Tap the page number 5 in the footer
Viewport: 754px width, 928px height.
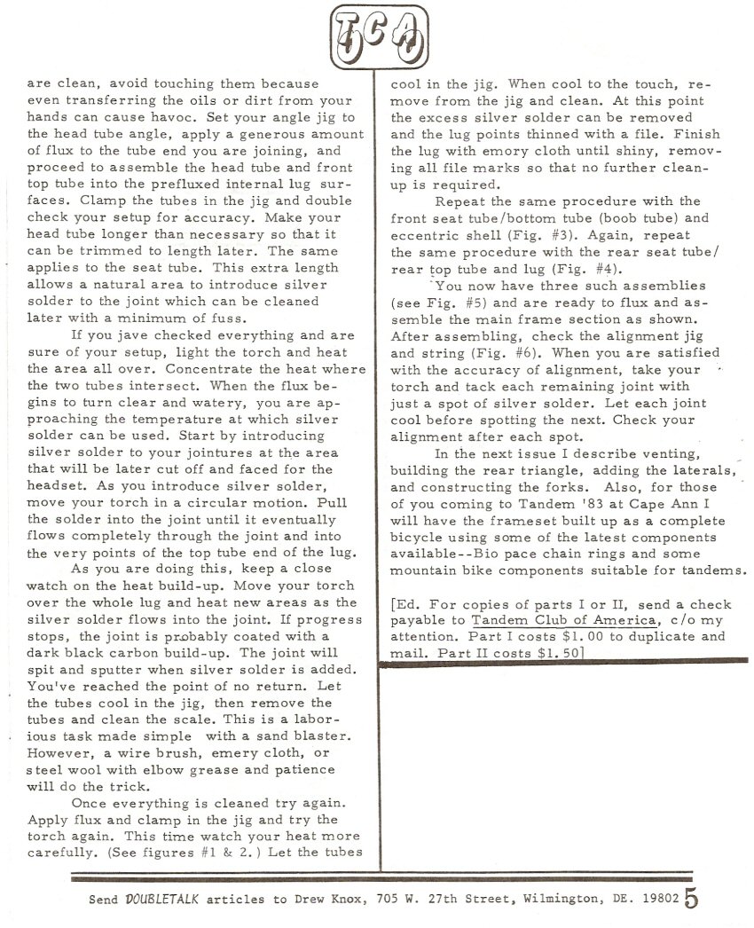(x=691, y=898)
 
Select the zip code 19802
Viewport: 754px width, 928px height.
(x=658, y=899)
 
